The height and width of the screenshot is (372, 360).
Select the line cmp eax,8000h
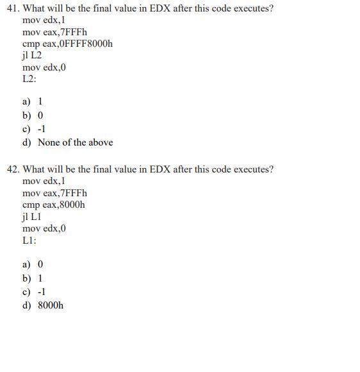(x=53, y=205)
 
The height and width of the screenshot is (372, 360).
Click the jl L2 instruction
(x=31, y=55)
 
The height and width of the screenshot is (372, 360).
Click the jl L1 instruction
(x=31, y=216)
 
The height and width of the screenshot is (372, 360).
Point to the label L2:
(x=29, y=78)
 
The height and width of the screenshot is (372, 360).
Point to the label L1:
(x=29, y=240)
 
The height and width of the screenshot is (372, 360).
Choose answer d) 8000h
(x=43, y=305)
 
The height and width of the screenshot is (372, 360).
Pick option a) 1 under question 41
(x=33, y=101)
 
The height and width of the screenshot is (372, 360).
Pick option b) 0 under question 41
(x=33, y=115)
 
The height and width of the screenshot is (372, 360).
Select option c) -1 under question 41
(x=34, y=129)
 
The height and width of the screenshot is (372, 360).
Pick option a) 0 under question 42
(x=33, y=264)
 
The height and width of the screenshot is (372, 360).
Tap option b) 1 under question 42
(x=33, y=278)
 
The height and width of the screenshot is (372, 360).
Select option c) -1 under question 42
(x=34, y=292)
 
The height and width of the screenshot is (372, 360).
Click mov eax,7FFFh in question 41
(x=54, y=32)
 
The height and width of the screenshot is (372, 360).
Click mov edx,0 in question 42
(x=44, y=228)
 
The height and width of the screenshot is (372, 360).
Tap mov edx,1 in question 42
(x=44, y=181)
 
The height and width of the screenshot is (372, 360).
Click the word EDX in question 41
(x=161, y=9)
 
